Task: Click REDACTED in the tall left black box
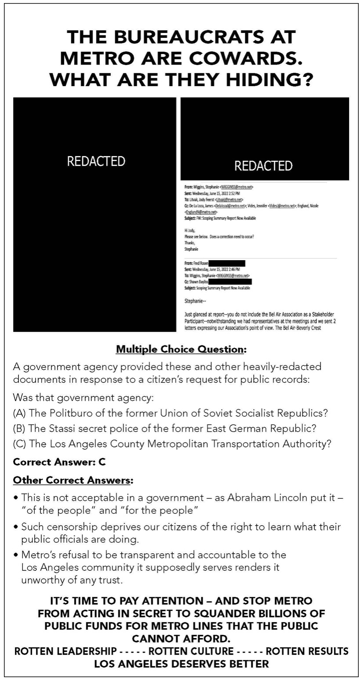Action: click(96, 161)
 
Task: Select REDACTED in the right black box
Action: click(263, 166)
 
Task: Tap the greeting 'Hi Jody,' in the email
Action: click(190, 230)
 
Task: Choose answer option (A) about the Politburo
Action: click(171, 414)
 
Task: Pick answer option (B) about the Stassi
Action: click(164, 428)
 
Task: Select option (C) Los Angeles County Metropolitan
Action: click(172, 444)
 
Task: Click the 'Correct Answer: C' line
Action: click(59, 462)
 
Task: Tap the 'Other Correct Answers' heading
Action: click(73, 480)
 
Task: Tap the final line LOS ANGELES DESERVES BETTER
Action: click(182, 664)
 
